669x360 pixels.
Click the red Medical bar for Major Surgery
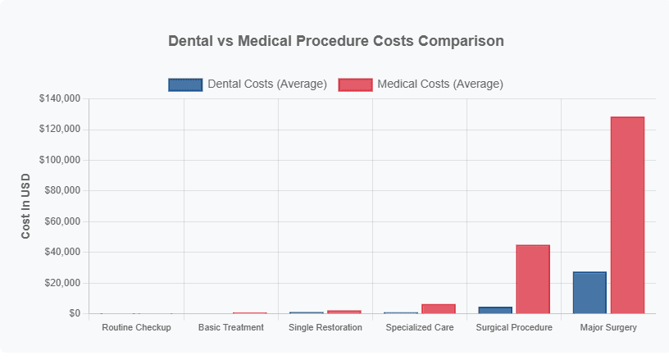627,215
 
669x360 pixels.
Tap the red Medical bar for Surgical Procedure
533,279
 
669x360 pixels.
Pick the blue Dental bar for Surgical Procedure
495,310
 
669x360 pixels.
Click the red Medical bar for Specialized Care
438,308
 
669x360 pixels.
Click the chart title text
335,40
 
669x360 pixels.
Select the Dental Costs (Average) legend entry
248,84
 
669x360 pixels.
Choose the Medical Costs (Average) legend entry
421,84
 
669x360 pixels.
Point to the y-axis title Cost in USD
25,206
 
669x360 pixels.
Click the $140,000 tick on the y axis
59,98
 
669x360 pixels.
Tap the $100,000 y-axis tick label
59,160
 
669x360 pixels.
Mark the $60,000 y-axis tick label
61,221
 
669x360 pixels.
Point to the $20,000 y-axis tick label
61,283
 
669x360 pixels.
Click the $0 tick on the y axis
74,313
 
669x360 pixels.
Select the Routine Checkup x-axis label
136,327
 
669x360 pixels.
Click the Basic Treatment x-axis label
231,327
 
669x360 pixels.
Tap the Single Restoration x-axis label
325,327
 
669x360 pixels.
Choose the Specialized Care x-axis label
420,327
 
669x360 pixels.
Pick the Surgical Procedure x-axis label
514,327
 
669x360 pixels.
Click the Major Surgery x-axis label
608,327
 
